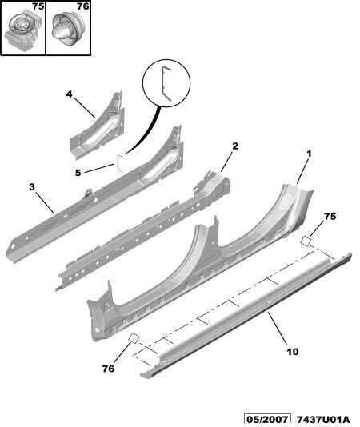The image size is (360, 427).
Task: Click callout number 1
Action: coord(309,154)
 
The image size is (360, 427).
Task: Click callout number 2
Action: coord(235,146)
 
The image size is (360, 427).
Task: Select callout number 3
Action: coord(32,187)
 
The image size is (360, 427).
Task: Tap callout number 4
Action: coord(70,94)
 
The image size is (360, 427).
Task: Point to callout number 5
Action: coord(78,173)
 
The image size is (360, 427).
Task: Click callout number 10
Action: coord(293,352)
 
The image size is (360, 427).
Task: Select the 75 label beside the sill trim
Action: coord(330,217)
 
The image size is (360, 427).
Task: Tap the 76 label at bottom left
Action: coord(108,369)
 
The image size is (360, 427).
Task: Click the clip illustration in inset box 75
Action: coord(22,30)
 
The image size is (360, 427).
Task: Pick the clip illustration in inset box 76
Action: coord(68,29)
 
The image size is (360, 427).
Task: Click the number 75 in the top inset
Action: coord(38,6)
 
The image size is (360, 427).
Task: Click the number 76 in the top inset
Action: coord(83,6)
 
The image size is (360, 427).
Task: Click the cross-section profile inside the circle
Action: coord(166,83)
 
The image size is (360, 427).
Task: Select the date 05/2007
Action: coord(266,420)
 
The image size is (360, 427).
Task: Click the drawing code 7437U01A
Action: coord(323,420)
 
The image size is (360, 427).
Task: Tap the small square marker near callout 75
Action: coord(306,241)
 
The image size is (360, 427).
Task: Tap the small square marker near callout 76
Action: coord(134,338)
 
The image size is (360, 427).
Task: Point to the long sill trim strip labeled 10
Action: coord(246,313)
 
